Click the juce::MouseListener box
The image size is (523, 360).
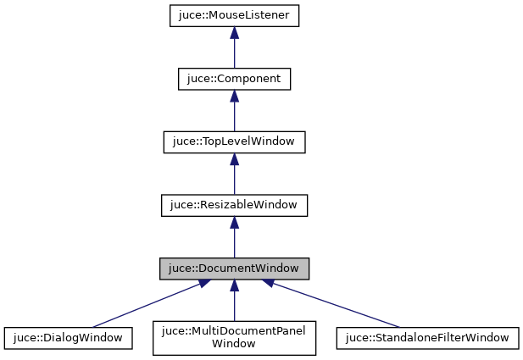(x=234, y=16)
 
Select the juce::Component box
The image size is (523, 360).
(x=234, y=79)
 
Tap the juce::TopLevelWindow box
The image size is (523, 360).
(x=234, y=141)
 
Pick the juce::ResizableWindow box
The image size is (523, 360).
(x=234, y=205)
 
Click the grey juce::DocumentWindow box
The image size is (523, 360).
(x=234, y=269)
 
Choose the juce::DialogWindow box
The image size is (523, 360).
(x=68, y=337)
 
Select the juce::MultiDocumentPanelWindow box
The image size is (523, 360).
(x=234, y=337)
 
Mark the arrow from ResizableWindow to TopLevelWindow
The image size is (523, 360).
(x=234, y=177)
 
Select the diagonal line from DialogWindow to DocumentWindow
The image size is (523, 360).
(x=144, y=306)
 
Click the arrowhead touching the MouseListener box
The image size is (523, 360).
(x=234, y=33)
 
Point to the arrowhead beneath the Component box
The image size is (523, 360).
(x=234, y=96)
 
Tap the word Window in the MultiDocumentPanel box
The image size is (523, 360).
(x=234, y=344)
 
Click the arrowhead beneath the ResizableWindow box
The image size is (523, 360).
(x=234, y=223)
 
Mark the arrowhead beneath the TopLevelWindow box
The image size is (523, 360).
(x=234, y=159)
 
